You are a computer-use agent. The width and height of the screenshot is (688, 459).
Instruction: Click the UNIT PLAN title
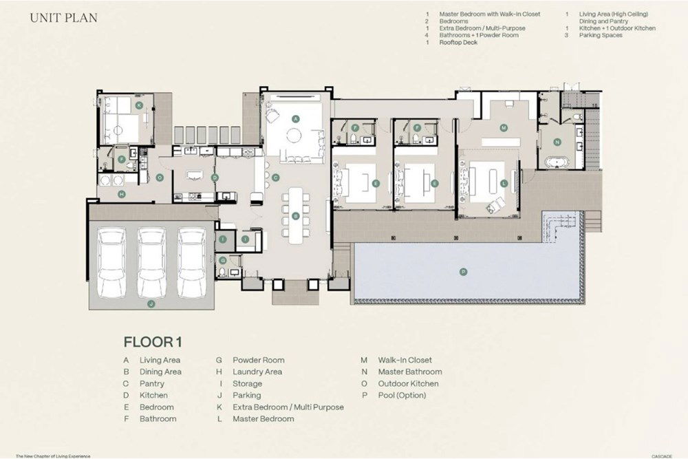point(63,18)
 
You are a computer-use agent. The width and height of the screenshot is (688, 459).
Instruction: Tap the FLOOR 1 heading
point(152,341)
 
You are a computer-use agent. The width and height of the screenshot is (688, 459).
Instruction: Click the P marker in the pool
point(463,272)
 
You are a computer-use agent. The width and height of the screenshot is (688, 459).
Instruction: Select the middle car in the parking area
point(152,262)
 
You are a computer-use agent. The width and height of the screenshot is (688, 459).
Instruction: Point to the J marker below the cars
point(151,303)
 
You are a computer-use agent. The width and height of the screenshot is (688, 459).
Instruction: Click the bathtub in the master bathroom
point(556,162)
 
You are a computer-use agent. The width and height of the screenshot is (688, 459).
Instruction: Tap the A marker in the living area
point(296,118)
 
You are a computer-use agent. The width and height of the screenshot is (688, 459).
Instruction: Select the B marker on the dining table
point(295,215)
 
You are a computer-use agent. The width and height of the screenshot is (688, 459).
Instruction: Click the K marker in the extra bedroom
point(139,105)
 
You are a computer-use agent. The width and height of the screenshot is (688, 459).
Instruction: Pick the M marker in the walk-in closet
point(504,128)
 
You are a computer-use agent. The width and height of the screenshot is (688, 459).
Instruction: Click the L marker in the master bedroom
point(504,183)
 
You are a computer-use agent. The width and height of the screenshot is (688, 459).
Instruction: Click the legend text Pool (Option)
point(402,395)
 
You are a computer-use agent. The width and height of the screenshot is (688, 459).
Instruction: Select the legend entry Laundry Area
point(258,372)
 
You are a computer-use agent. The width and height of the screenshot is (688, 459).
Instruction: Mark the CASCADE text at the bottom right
point(663,455)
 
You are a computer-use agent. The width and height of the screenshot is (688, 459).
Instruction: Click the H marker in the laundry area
point(121,195)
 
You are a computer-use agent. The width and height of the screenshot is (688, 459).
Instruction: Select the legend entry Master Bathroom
point(411,372)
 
